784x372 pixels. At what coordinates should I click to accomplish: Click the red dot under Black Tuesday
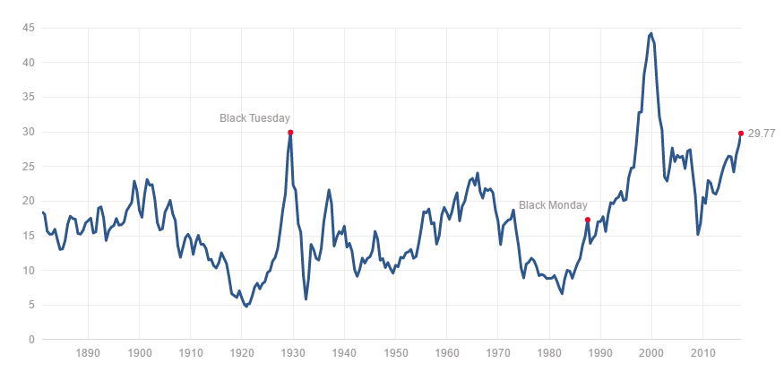pyautogui.click(x=290, y=132)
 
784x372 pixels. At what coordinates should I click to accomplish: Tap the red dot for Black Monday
pyautogui.click(x=587, y=220)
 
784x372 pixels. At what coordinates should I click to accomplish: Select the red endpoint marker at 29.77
pyautogui.click(x=740, y=133)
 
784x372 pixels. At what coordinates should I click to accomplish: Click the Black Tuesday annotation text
pyautogui.click(x=255, y=118)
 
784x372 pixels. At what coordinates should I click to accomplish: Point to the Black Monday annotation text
pyautogui.click(x=553, y=205)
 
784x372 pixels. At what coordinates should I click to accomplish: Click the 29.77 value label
pyautogui.click(x=762, y=134)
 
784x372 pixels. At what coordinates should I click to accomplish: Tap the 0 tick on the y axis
pyautogui.click(x=31, y=340)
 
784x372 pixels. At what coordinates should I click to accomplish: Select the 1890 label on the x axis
pyautogui.click(x=88, y=353)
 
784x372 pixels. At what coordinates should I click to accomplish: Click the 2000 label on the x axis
pyautogui.click(x=651, y=353)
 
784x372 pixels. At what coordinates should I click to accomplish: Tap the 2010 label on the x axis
pyautogui.click(x=702, y=353)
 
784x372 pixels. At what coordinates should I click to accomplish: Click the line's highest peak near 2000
pyautogui.click(x=650, y=33)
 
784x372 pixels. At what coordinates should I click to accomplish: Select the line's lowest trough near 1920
pyautogui.click(x=246, y=307)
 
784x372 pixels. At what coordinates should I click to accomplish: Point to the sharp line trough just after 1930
pyautogui.click(x=306, y=298)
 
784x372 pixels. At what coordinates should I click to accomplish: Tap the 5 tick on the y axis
pyautogui.click(x=31, y=305)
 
